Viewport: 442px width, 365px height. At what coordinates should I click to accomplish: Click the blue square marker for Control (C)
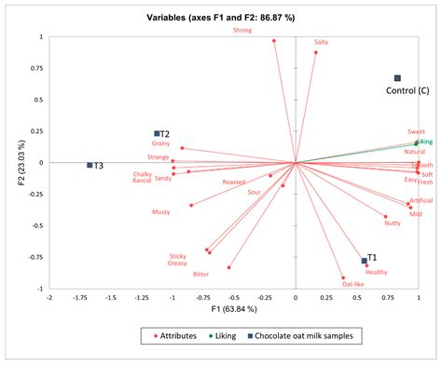(x=397, y=78)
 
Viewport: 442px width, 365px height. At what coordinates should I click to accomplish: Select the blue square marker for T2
(x=158, y=134)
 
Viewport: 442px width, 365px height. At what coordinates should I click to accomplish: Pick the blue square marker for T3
(x=90, y=165)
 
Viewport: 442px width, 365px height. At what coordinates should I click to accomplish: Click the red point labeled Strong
(x=274, y=41)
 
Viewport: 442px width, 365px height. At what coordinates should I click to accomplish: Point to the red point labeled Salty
(x=316, y=53)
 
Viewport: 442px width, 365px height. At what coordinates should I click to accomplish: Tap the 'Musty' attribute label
(x=161, y=212)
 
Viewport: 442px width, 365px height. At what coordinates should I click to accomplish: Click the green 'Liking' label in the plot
(x=425, y=142)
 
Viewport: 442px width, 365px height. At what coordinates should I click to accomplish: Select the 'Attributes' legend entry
(x=177, y=334)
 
